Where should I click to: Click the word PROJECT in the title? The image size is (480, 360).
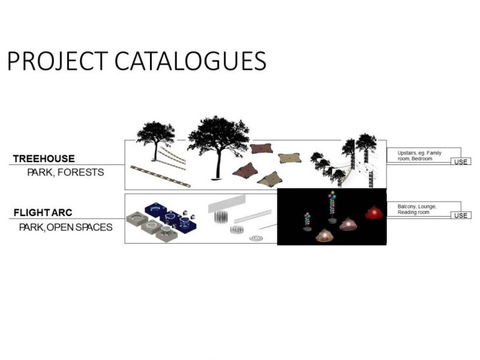point(57,61)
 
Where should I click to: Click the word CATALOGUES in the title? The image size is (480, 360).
point(191,61)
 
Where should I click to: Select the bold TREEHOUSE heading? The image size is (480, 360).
point(44,159)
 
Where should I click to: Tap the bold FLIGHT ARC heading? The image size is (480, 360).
point(43,213)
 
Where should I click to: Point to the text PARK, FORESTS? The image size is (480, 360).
point(66,173)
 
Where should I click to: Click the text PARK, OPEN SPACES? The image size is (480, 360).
point(66,227)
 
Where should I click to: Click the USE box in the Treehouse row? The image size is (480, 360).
point(461,162)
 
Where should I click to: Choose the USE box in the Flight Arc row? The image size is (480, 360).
point(461,215)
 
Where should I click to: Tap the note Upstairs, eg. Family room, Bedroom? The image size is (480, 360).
point(419,156)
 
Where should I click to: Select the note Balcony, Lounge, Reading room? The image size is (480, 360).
point(417,209)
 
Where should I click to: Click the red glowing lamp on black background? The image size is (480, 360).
point(373,213)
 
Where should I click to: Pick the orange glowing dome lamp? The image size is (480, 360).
point(324,236)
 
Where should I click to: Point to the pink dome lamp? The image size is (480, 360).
point(348,224)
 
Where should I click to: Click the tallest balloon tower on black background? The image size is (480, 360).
point(332,207)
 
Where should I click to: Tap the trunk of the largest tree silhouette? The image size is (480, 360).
point(218,164)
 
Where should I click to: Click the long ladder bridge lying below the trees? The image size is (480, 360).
point(160,176)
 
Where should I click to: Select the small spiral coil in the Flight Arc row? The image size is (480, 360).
point(256,238)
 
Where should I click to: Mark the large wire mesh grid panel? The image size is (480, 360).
point(227,204)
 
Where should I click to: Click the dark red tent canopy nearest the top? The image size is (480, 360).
point(262,148)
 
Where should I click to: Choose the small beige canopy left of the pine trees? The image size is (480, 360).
point(289,158)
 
